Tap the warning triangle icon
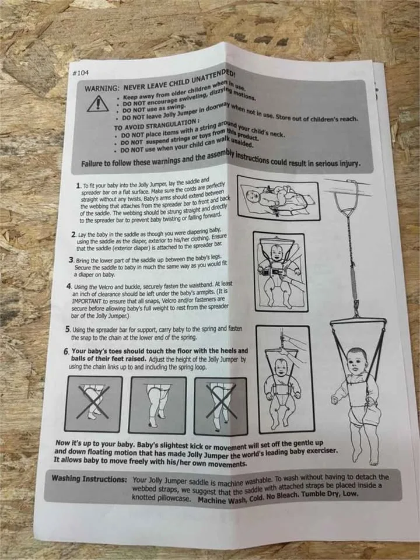[x=98, y=104]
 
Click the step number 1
[x=78, y=185]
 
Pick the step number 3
[x=71, y=259]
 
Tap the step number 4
[x=69, y=286]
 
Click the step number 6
[x=66, y=351]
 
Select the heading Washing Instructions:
[x=89, y=478]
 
